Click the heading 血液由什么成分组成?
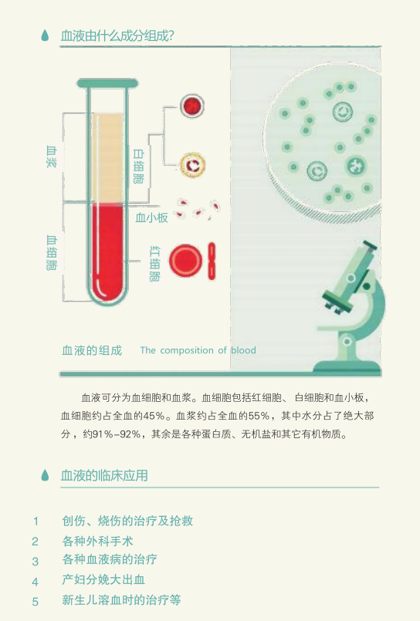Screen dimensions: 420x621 tap(117, 35)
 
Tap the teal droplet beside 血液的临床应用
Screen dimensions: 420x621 tap(45, 475)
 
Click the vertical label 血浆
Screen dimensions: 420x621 tap(52, 157)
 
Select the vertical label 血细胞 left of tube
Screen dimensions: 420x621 tap(52, 253)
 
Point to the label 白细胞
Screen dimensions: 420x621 tap(138, 166)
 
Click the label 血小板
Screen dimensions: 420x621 tap(151, 218)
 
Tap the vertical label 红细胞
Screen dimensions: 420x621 tap(154, 264)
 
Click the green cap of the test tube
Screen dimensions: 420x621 tap(107, 83)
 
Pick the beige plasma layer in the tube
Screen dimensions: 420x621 tap(107, 157)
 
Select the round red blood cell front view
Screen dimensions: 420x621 tap(185, 261)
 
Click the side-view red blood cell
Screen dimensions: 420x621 tap(212, 261)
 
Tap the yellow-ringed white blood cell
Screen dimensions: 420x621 tap(192, 165)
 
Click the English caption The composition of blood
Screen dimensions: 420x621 tap(198, 350)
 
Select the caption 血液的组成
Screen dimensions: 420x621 tap(92, 350)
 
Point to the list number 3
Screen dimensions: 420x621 tap(36, 561)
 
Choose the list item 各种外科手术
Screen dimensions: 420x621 tap(97, 541)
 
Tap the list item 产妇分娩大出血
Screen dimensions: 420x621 tap(103, 580)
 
